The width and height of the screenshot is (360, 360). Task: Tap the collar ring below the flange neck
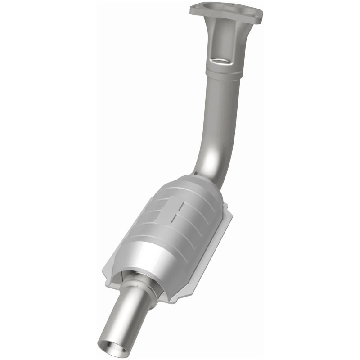(x=224, y=73)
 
